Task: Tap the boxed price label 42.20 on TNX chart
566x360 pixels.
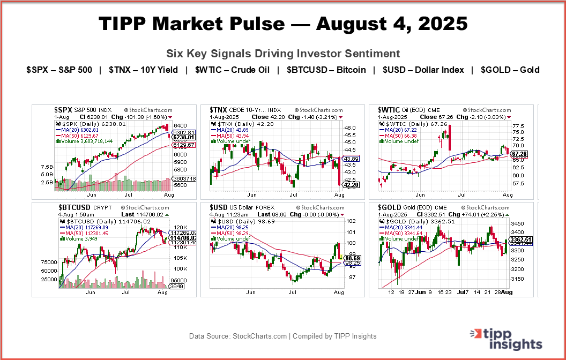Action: click(x=351, y=185)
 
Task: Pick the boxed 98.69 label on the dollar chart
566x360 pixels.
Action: click(x=351, y=258)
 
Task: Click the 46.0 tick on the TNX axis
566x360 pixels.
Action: click(x=349, y=128)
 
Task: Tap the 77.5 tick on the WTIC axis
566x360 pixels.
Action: click(x=518, y=126)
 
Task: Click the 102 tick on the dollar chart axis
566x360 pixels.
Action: click(x=351, y=221)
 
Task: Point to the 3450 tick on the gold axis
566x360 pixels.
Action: click(x=518, y=223)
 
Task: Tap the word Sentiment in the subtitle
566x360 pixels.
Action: click(x=375, y=54)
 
